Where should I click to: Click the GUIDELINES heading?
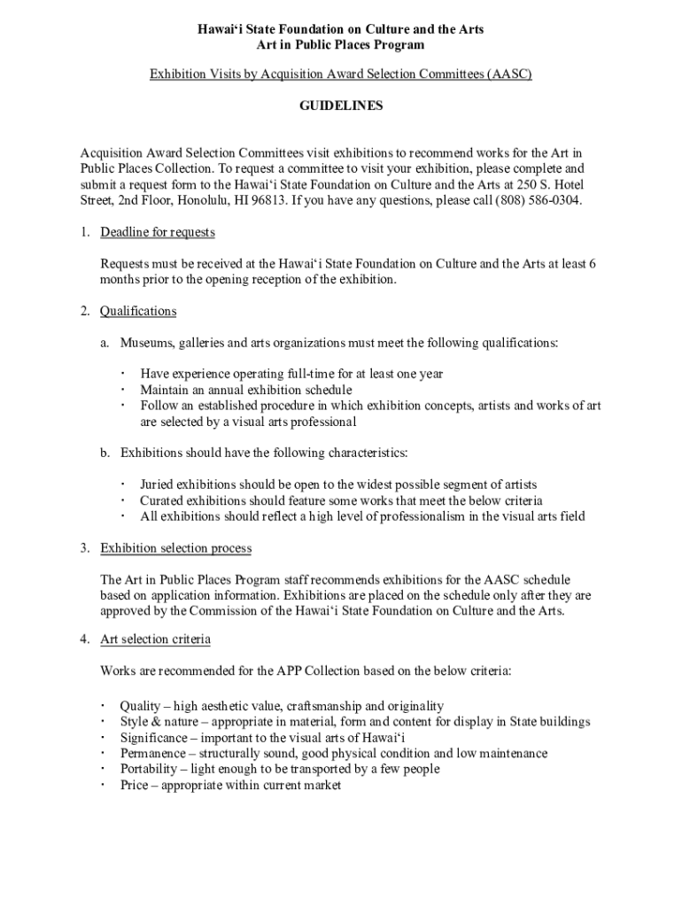(x=341, y=105)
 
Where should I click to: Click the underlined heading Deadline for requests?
(x=158, y=233)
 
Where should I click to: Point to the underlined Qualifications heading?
(x=138, y=311)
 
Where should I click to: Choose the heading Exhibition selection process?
(x=175, y=548)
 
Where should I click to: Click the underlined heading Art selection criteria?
(x=155, y=639)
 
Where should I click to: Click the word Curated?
(x=162, y=500)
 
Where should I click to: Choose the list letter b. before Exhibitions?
(x=105, y=453)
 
